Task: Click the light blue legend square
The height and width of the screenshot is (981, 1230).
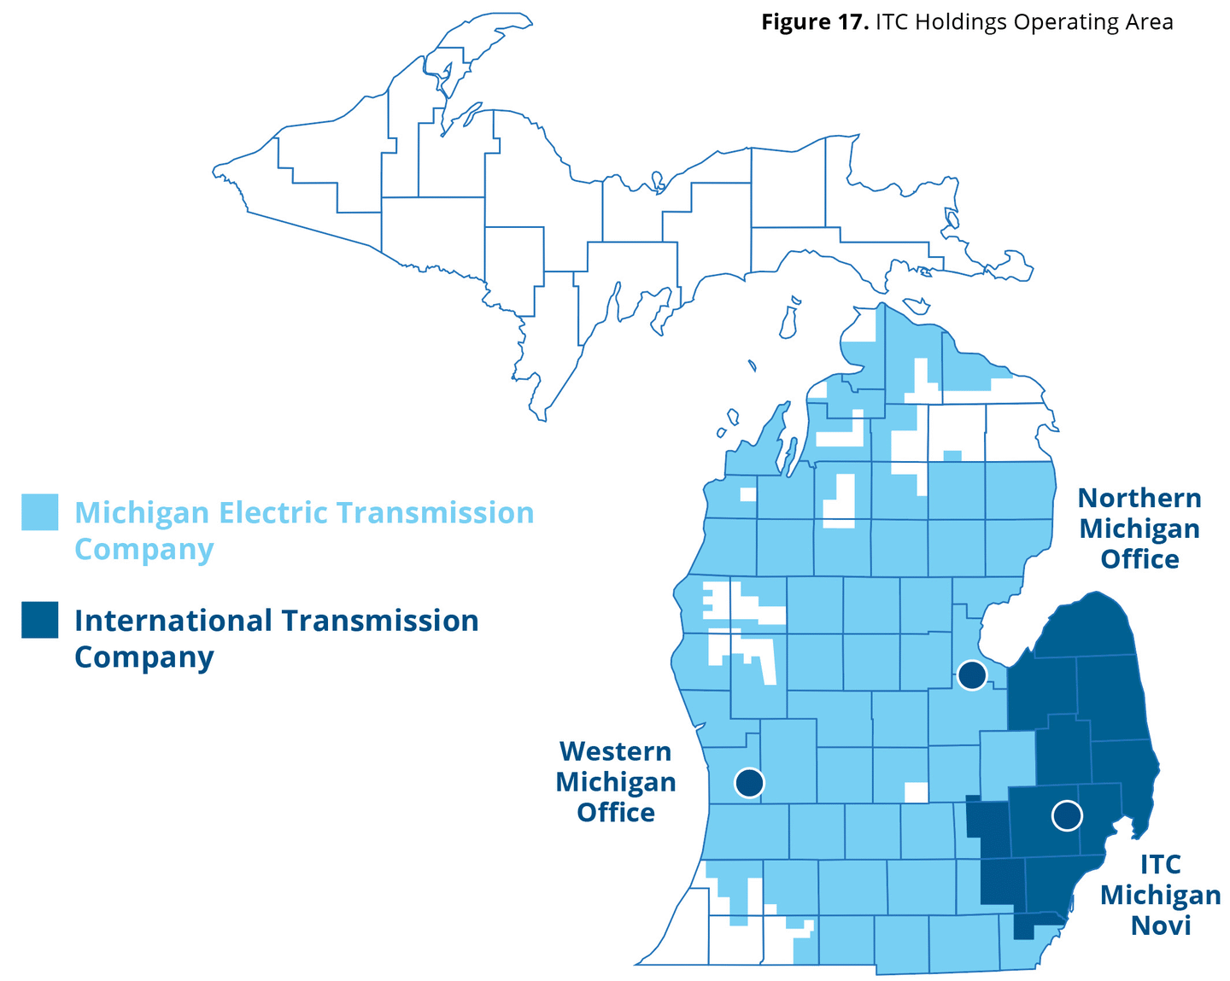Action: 40,512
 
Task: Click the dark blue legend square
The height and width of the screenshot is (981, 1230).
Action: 40,620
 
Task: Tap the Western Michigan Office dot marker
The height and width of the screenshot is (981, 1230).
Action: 749,782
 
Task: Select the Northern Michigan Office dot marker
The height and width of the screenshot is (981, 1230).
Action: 972,675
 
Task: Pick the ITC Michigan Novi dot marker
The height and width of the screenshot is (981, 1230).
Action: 1067,815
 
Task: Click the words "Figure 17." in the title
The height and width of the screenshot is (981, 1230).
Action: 815,22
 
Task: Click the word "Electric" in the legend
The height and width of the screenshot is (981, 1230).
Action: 272,512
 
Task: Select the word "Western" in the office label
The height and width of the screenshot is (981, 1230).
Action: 615,751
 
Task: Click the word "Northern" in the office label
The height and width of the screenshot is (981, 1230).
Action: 1139,498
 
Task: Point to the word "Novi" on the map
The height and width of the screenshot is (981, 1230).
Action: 1161,926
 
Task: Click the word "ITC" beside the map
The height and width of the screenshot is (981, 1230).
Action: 1161,864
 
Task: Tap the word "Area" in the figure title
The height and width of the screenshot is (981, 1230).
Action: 1148,22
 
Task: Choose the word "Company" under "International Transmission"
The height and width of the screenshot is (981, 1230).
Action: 143,657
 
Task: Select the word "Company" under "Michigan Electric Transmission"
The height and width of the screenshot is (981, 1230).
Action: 143,550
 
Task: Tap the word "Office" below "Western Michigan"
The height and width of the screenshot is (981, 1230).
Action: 615,812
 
